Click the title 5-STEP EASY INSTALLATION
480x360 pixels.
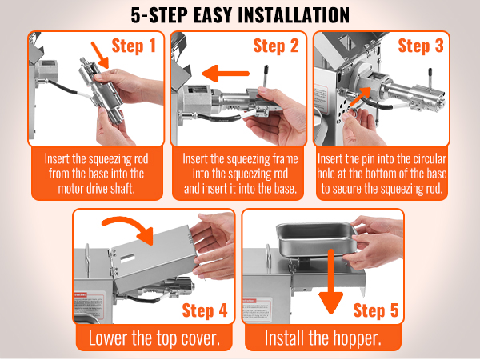pyautogui.click(x=240, y=15)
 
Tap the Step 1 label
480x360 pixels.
pyautogui.click(x=134, y=46)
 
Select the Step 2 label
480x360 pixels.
pyautogui.click(x=276, y=46)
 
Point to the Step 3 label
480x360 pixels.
pyautogui.click(x=421, y=46)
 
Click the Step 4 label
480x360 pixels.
pyautogui.click(x=205, y=310)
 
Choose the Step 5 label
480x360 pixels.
pyautogui.click(x=376, y=310)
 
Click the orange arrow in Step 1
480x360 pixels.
pyautogui.click(x=100, y=55)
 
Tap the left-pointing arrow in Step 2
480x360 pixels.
pyautogui.click(x=226, y=74)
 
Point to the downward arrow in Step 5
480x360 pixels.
pyautogui.click(x=331, y=282)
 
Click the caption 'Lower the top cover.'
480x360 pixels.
pyautogui.click(x=154, y=338)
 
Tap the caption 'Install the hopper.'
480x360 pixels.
pyautogui.click(x=323, y=338)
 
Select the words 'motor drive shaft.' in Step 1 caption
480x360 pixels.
pyautogui.click(x=97, y=189)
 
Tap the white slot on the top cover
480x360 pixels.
pyautogui.click(x=128, y=259)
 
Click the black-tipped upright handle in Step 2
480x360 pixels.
pyautogui.click(x=266, y=77)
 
